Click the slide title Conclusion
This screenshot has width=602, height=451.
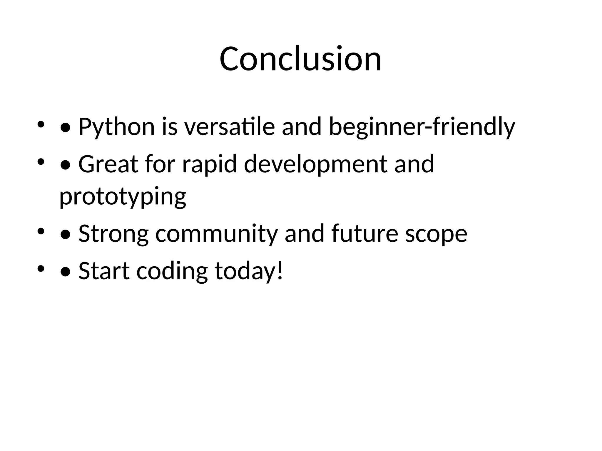300,59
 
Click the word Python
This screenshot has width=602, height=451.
116,127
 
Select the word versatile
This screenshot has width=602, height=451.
229,127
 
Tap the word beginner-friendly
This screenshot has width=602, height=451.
422,127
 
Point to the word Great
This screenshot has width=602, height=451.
108,164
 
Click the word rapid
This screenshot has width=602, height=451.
209,164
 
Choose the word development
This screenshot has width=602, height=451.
315,164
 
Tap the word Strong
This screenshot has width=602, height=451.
113,234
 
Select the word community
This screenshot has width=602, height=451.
217,234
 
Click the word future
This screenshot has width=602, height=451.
364,234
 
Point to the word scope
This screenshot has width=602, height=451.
436,234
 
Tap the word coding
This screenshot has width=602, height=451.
172,271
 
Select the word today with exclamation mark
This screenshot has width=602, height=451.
249,271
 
